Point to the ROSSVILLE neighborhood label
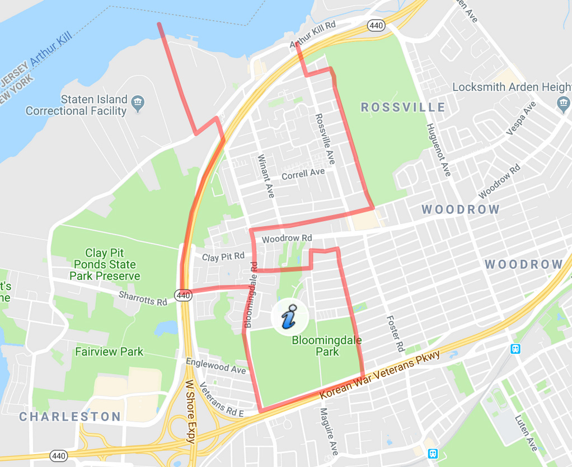[x=403, y=108]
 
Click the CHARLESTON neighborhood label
[x=70, y=417]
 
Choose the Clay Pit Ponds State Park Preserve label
[x=105, y=264]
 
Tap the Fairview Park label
[x=109, y=352]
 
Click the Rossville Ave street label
[x=325, y=139]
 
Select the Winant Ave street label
[x=266, y=176]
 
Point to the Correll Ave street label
[x=303, y=174]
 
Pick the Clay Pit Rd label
[x=223, y=257]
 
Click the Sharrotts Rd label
[x=143, y=298]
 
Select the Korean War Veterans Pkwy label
[x=380, y=375]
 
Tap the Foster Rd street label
[x=395, y=333]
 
